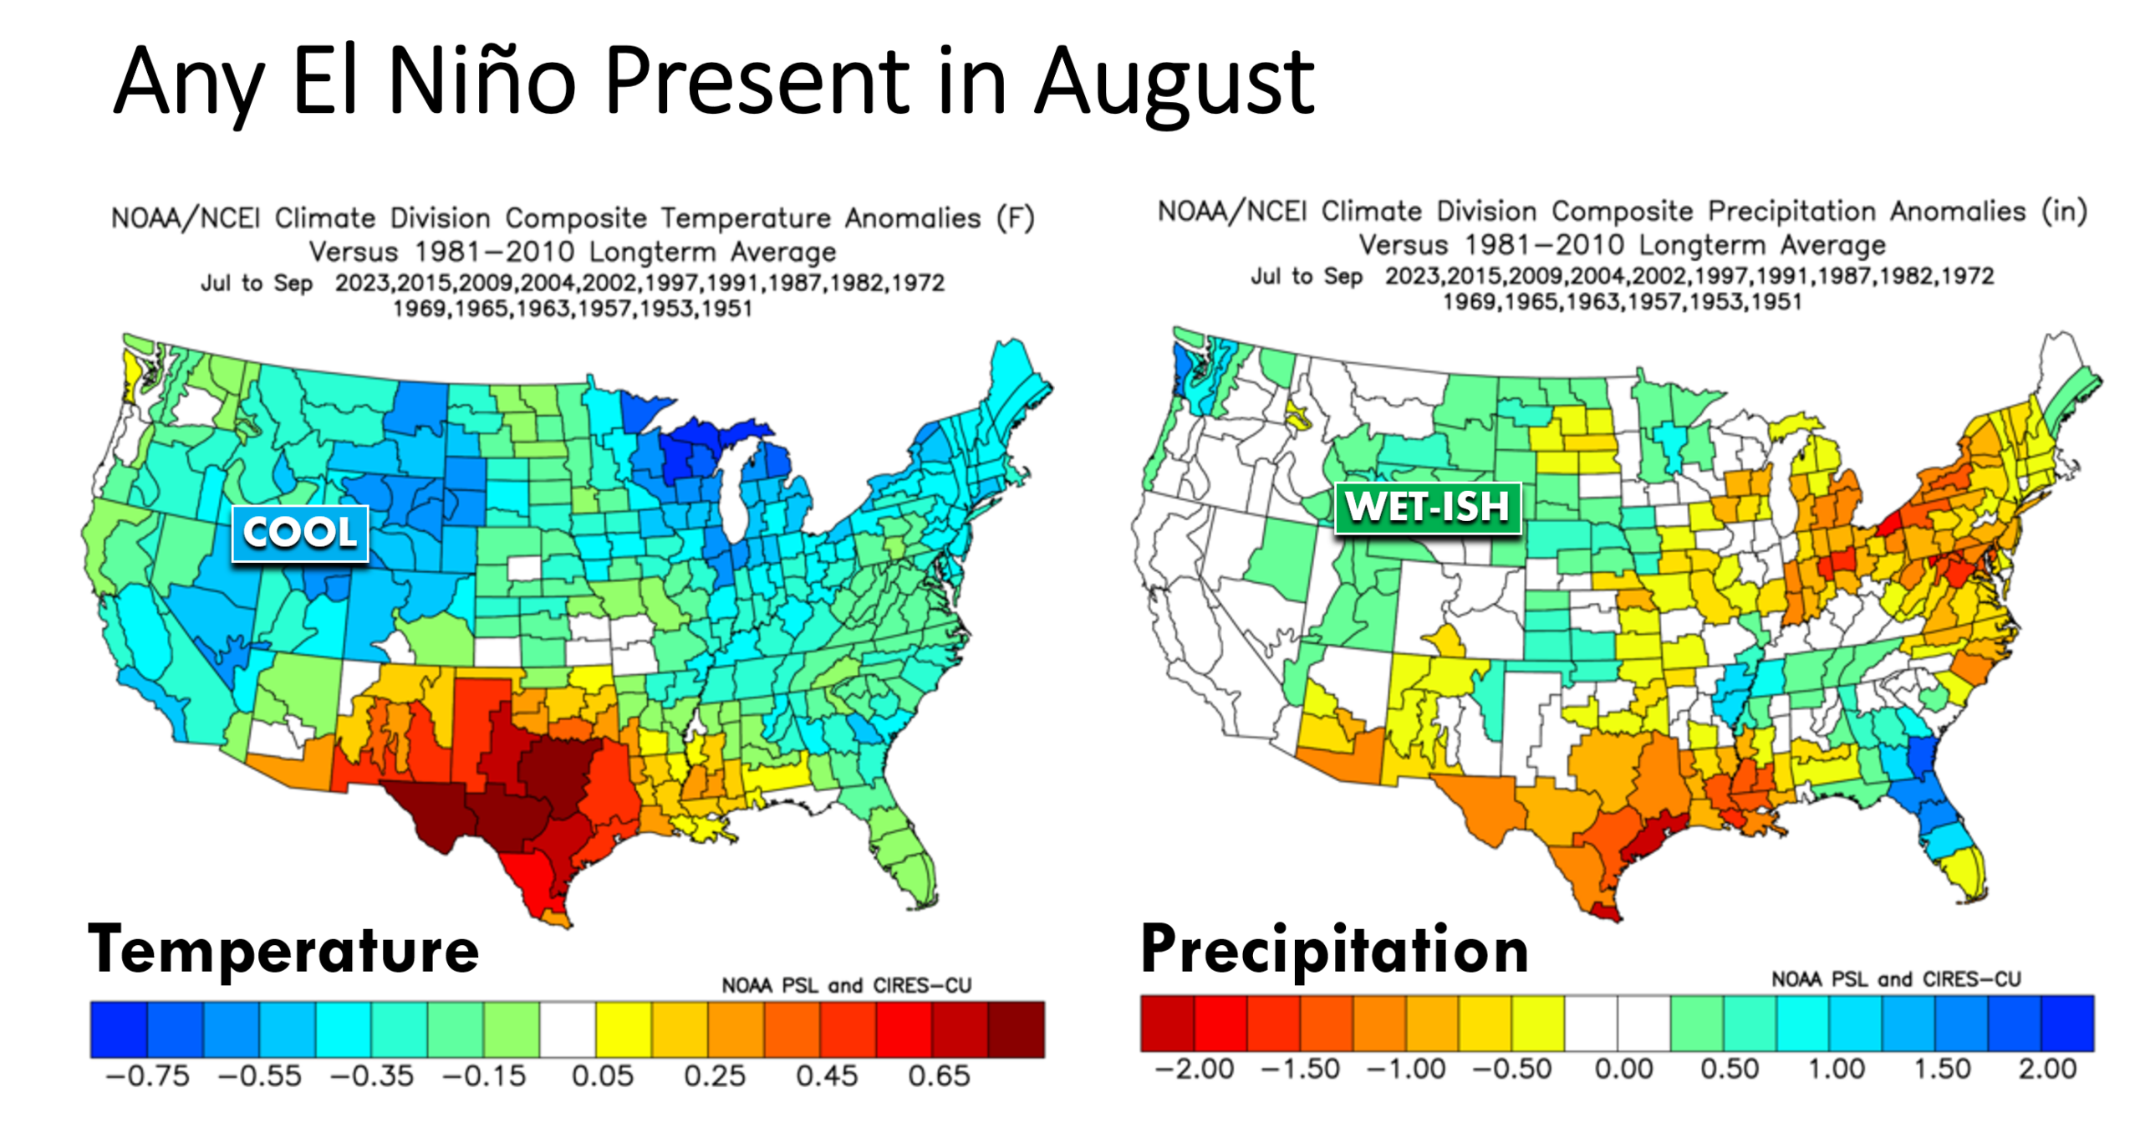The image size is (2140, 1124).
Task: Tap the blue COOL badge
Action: coord(300,533)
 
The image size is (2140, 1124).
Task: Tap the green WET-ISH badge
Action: coord(1427,507)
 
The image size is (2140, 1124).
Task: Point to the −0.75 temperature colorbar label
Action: coord(148,1075)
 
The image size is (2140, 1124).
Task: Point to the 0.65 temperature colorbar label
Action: coord(939,1075)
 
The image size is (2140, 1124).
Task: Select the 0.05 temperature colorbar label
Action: coord(602,1075)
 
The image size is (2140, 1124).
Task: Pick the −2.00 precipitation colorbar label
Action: coord(1194,1069)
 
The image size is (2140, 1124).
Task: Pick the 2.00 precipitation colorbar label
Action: coord(2047,1069)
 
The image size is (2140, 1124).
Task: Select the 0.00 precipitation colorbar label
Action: coord(1623,1069)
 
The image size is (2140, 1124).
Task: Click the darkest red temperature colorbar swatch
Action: coord(1016,1029)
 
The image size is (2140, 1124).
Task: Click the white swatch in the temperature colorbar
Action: coord(568,1029)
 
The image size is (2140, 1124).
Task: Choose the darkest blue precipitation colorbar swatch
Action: coord(2067,1023)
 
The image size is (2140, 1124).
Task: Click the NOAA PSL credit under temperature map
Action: coord(846,986)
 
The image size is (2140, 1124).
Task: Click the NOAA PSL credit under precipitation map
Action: coord(1895,979)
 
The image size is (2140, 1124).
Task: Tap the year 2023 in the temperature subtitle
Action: coord(363,283)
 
